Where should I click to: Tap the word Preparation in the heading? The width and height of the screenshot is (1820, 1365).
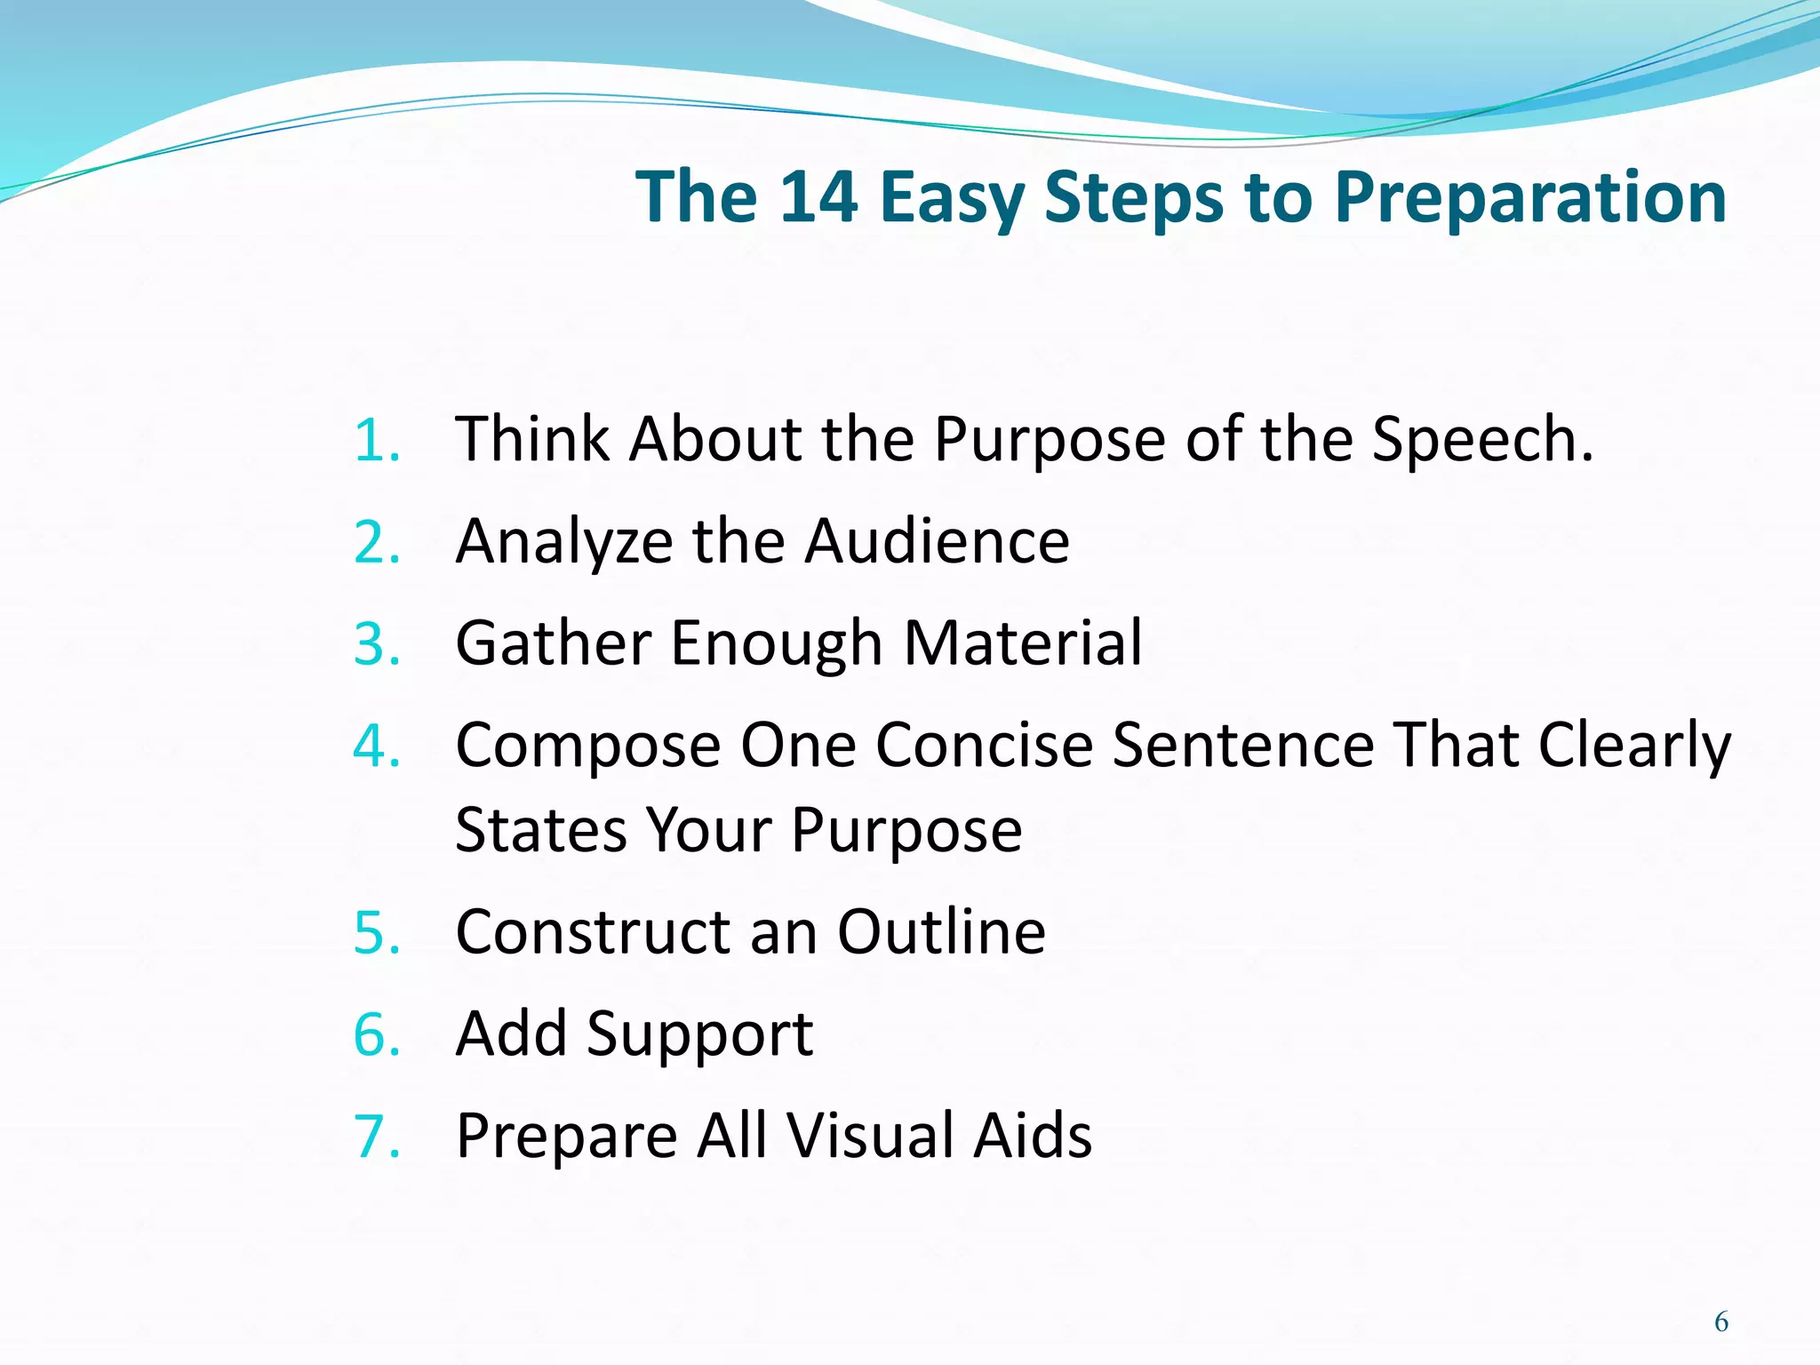click(1530, 196)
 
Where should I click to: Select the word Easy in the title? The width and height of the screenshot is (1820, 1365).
click(952, 196)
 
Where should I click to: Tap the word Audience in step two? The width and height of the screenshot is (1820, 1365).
click(937, 541)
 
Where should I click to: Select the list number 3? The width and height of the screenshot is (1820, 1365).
click(376, 645)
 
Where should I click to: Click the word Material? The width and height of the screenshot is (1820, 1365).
click(1023, 643)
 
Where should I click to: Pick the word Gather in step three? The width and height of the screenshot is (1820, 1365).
click(552, 643)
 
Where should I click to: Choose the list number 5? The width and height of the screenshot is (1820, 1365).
click(376, 934)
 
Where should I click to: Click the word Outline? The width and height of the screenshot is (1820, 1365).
click(941, 932)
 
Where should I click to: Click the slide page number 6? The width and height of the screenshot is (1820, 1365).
click(1721, 1322)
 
